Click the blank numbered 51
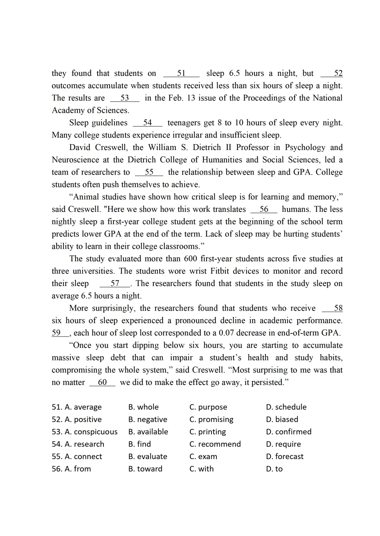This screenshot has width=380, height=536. coord(181,73)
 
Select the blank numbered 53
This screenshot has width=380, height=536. coord(125,98)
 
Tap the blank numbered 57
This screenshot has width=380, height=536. coord(115,283)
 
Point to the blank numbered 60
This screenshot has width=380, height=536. coord(102,383)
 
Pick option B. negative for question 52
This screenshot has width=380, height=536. coord(148,419)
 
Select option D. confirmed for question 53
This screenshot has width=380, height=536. coord(289,432)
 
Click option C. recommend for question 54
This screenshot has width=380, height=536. coord(215,444)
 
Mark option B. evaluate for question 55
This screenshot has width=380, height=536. coord(148,456)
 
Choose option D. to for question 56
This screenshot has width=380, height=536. coord(274,469)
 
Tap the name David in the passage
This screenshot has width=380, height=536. coord(80,148)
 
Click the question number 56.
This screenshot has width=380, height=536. coord(57,469)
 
